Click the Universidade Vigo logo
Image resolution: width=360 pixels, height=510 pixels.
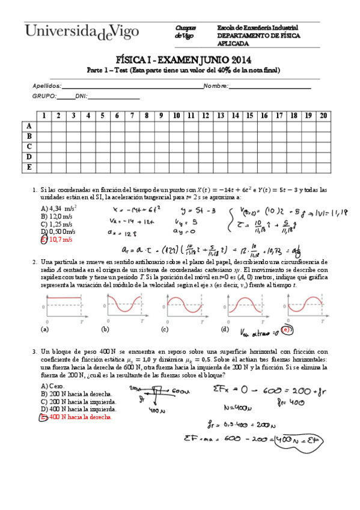pos(82,31)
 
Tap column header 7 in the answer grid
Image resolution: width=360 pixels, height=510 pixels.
pos(132,115)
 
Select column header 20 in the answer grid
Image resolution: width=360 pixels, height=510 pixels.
pos(323,115)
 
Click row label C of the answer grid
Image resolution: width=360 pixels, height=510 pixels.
pos(28,146)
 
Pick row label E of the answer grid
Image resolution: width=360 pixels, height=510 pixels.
pos(28,167)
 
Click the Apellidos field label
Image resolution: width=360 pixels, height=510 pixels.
pos(45,86)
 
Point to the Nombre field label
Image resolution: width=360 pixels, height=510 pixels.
pos(215,86)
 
